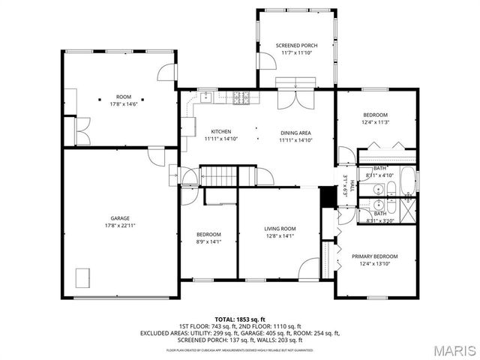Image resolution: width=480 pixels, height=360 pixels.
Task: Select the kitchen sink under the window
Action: [x=204, y=96]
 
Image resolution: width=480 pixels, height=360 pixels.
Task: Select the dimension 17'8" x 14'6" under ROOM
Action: [x=122, y=103]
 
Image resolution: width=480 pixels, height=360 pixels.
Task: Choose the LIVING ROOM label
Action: [x=280, y=229]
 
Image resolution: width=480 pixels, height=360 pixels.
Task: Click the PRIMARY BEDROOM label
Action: [x=374, y=256]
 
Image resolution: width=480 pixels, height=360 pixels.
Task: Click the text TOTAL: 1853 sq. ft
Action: [x=240, y=319]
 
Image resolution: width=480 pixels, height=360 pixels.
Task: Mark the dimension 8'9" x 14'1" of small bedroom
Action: [x=208, y=241]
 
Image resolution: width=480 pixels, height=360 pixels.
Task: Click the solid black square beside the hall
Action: [x=326, y=197]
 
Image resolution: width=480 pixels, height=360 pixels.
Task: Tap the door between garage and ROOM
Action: [x=157, y=155]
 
